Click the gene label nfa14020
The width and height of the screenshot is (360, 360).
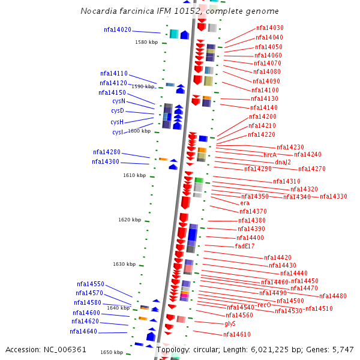click(x=117, y=29)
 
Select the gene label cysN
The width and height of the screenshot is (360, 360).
click(x=118, y=101)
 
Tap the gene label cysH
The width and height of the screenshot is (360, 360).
click(x=117, y=122)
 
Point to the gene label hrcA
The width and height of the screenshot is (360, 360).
click(x=270, y=155)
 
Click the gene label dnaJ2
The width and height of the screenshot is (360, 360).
click(x=283, y=162)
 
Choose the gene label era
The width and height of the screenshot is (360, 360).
click(x=245, y=203)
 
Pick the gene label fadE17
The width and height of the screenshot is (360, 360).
click(x=245, y=246)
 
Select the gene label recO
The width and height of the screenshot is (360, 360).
click(x=264, y=305)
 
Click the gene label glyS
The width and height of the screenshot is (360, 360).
click(x=230, y=323)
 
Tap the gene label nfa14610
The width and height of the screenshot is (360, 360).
click(x=237, y=334)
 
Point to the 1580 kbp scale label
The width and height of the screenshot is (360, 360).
click(x=146, y=42)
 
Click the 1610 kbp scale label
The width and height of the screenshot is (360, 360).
click(x=134, y=175)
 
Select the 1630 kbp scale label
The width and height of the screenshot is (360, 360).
click(x=124, y=264)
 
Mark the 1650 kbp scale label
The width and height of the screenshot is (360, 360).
click(x=112, y=352)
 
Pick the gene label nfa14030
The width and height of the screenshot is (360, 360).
click(x=270, y=28)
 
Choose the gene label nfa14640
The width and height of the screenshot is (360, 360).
click(x=83, y=331)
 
